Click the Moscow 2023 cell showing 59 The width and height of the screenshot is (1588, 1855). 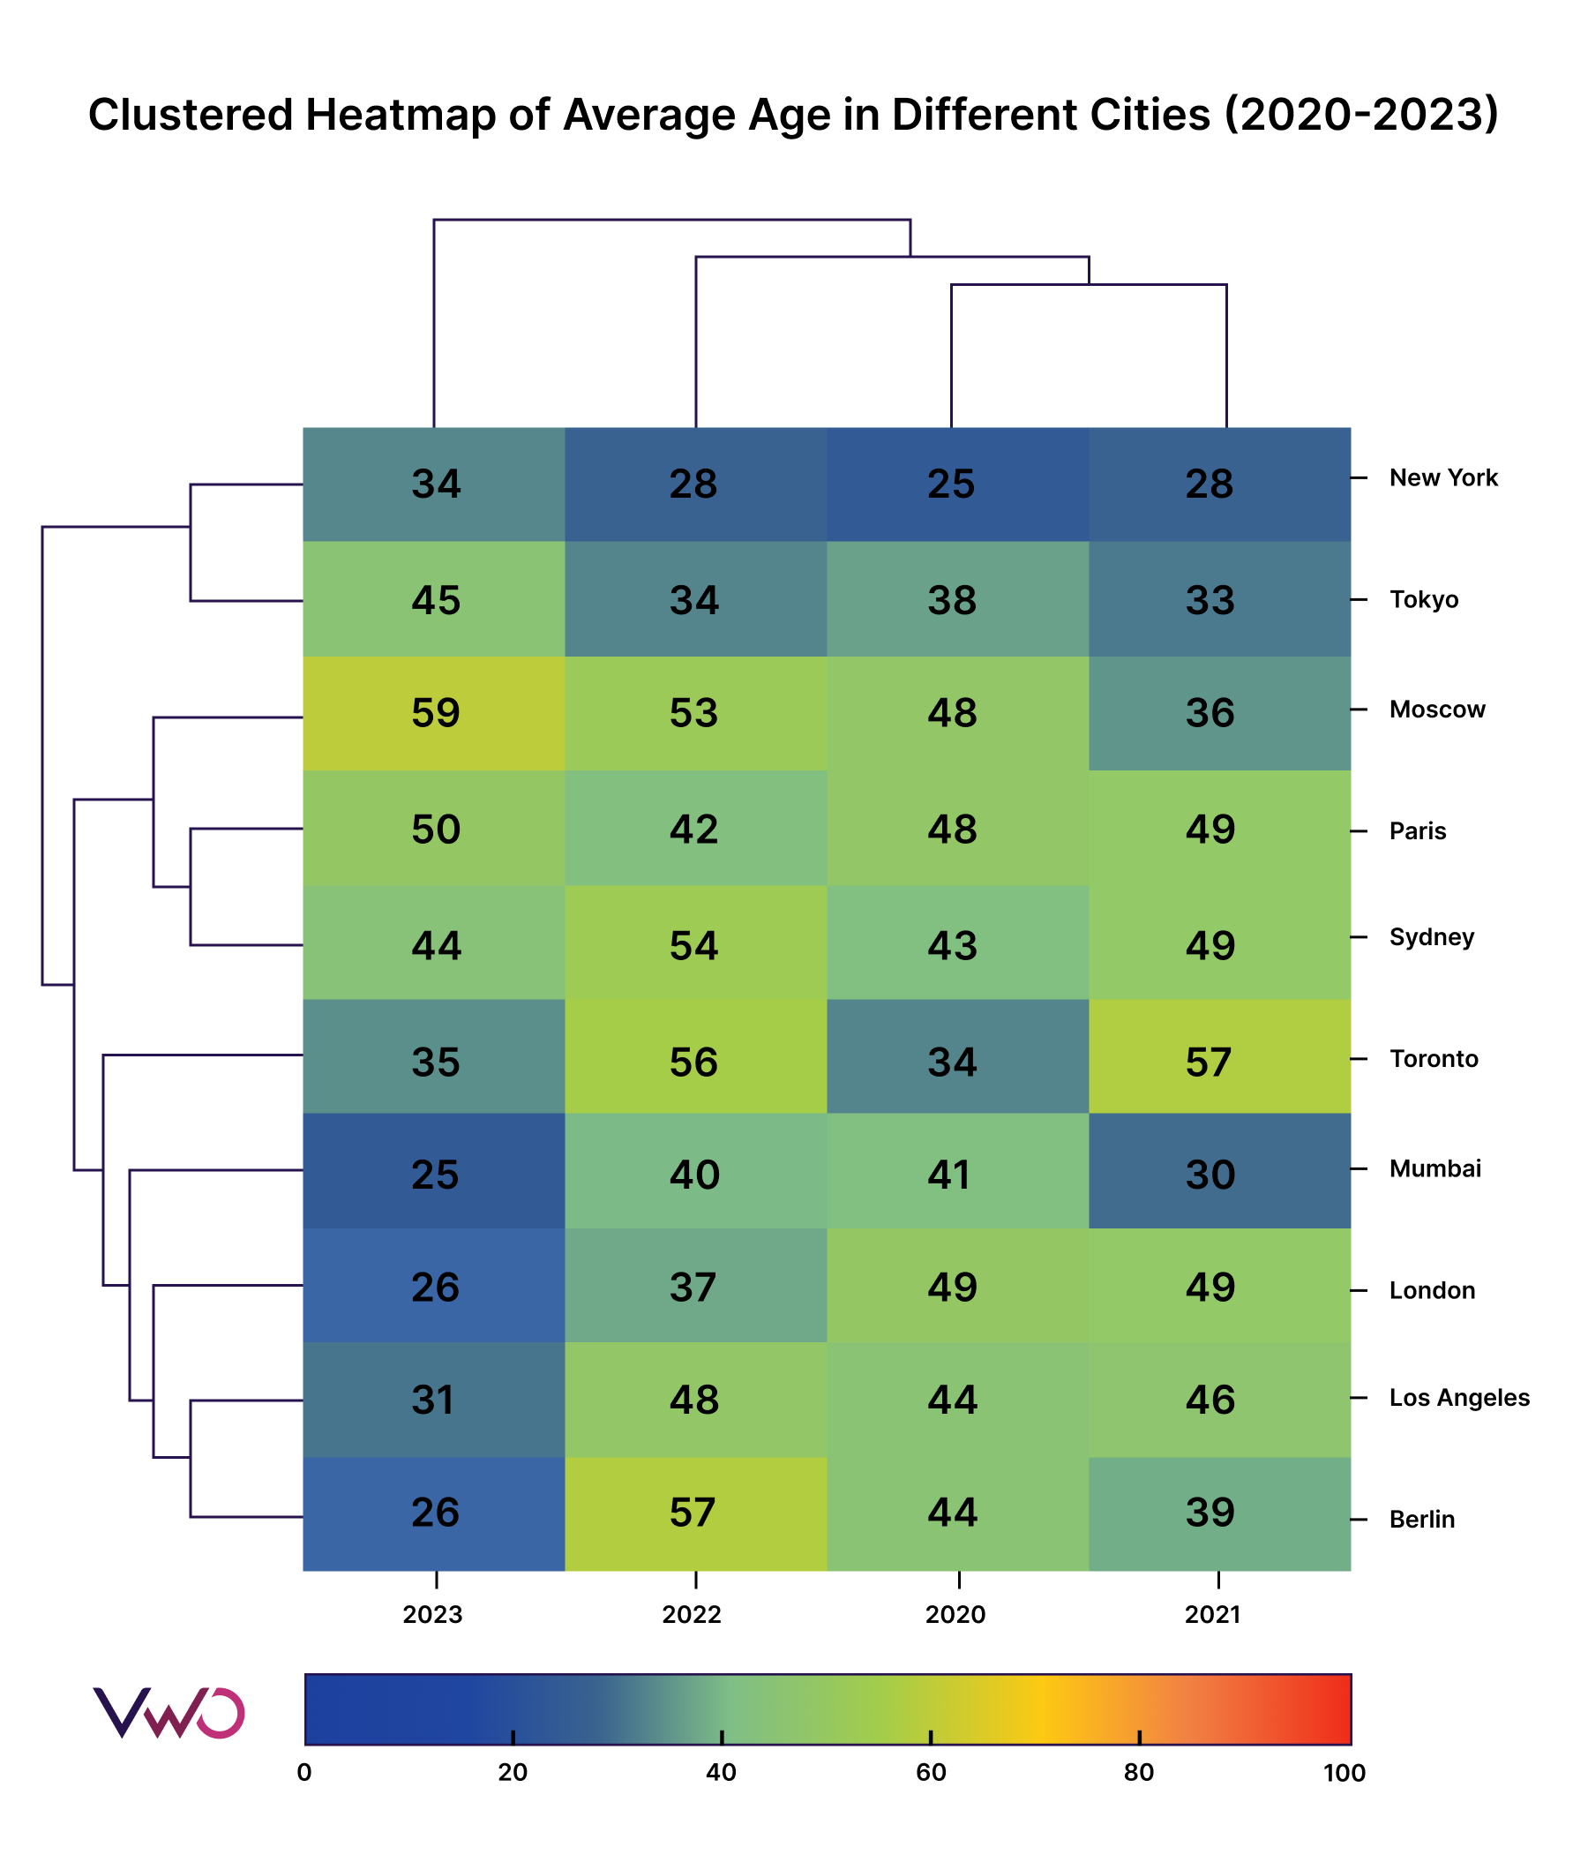click(434, 714)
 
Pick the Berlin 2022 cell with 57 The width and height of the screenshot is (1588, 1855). click(694, 1512)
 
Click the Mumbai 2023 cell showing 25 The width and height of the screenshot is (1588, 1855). click(434, 1174)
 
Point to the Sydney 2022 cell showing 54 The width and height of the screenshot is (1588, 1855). click(694, 945)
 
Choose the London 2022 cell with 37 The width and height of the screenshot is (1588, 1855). click(694, 1287)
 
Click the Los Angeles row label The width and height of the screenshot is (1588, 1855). click(1458, 1398)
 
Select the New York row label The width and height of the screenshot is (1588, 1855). click(1442, 478)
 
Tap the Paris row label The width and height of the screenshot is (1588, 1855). click(1417, 830)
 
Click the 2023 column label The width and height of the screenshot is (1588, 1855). click(433, 1614)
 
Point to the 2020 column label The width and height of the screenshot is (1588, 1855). click(955, 1614)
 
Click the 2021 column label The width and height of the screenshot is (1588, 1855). click(1212, 1614)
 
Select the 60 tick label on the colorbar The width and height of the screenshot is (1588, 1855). click(930, 1773)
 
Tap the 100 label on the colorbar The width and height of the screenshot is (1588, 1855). click(1344, 1773)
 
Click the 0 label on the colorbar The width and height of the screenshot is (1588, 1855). click(304, 1773)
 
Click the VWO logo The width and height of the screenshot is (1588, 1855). click(169, 1713)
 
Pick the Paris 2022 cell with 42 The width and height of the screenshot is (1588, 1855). click(694, 829)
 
